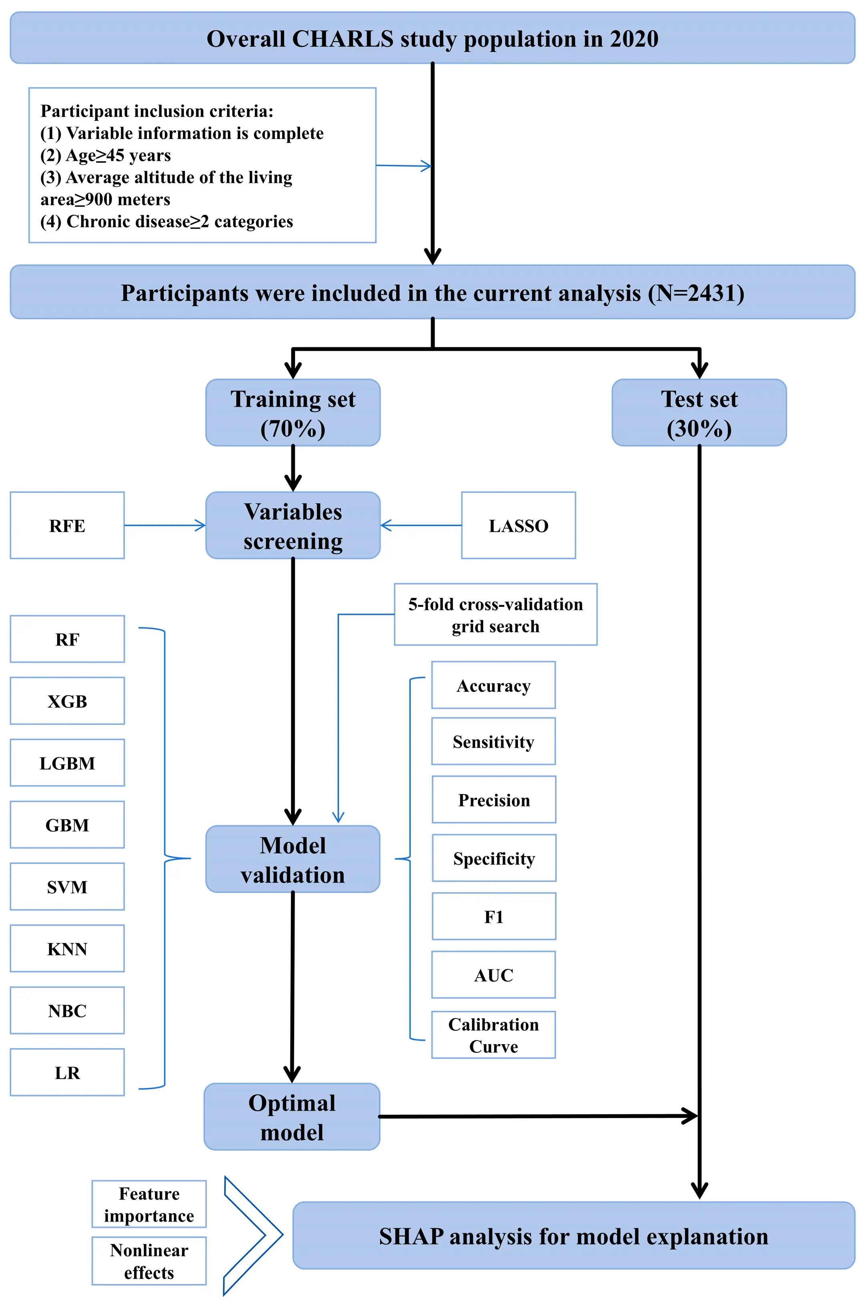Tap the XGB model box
67,700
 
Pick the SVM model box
67,887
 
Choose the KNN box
67,949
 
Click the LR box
67,1073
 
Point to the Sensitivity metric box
493,741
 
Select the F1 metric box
493,916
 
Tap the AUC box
493,975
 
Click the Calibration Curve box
493,1035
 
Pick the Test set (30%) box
699,413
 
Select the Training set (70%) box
293,413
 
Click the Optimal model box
292,1117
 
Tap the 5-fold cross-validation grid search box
495,615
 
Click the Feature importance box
149,1204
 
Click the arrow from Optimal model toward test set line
537,1116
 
